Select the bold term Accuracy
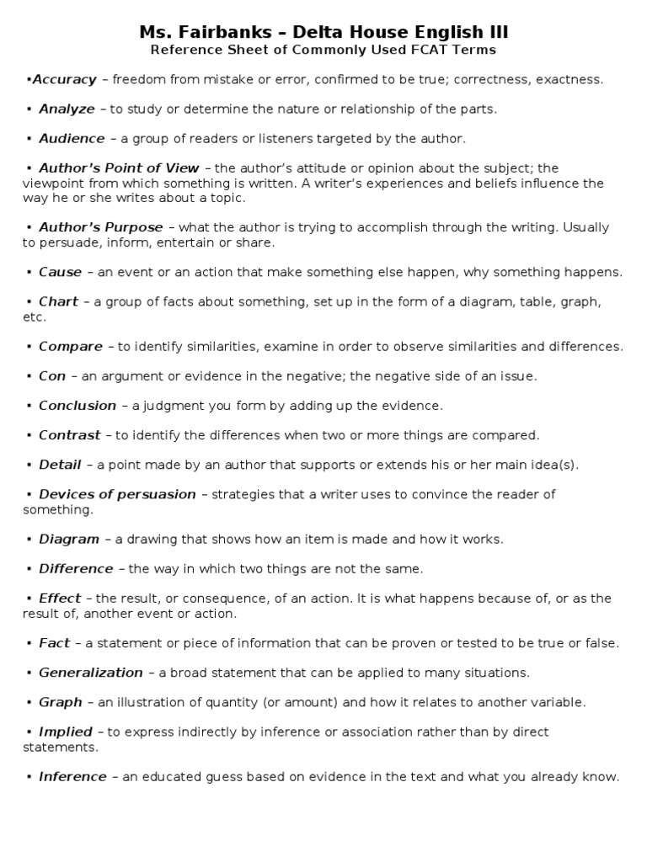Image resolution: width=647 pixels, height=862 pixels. pos(65,79)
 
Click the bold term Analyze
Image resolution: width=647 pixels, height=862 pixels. pos(67,109)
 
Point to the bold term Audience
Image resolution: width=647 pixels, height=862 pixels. pos(72,138)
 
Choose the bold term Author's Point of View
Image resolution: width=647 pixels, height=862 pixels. pos(119,168)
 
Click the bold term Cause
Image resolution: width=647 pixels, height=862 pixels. pos(61,272)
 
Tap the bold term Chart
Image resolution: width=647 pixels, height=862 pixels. pos(58,301)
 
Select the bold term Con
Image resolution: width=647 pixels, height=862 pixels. pos(52,375)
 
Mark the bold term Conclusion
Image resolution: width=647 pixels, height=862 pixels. pos(78,405)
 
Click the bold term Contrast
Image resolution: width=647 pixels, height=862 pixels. pos(70,435)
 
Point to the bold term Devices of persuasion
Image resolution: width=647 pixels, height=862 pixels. pos(117,494)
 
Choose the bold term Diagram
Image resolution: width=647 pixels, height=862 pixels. pos(69,539)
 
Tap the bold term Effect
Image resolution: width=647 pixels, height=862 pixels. pos(60,599)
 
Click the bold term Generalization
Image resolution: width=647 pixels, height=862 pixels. pos(91,673)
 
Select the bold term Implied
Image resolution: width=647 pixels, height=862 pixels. pos(66,732)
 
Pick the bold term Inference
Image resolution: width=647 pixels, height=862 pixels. pos(72,777)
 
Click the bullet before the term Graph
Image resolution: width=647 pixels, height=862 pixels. pos(29,703)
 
